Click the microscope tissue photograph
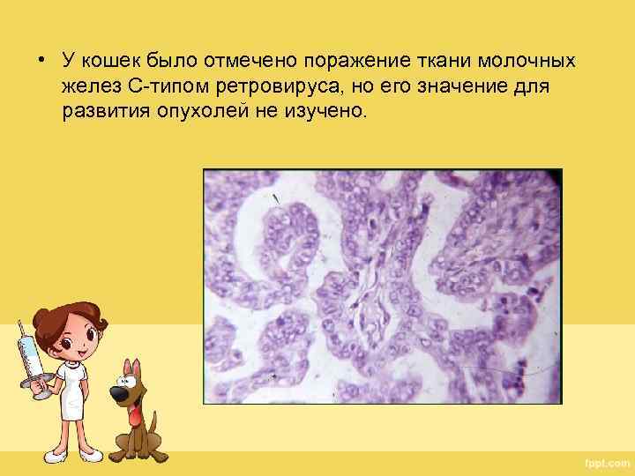pyautogui.click(x=382, y=286)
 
